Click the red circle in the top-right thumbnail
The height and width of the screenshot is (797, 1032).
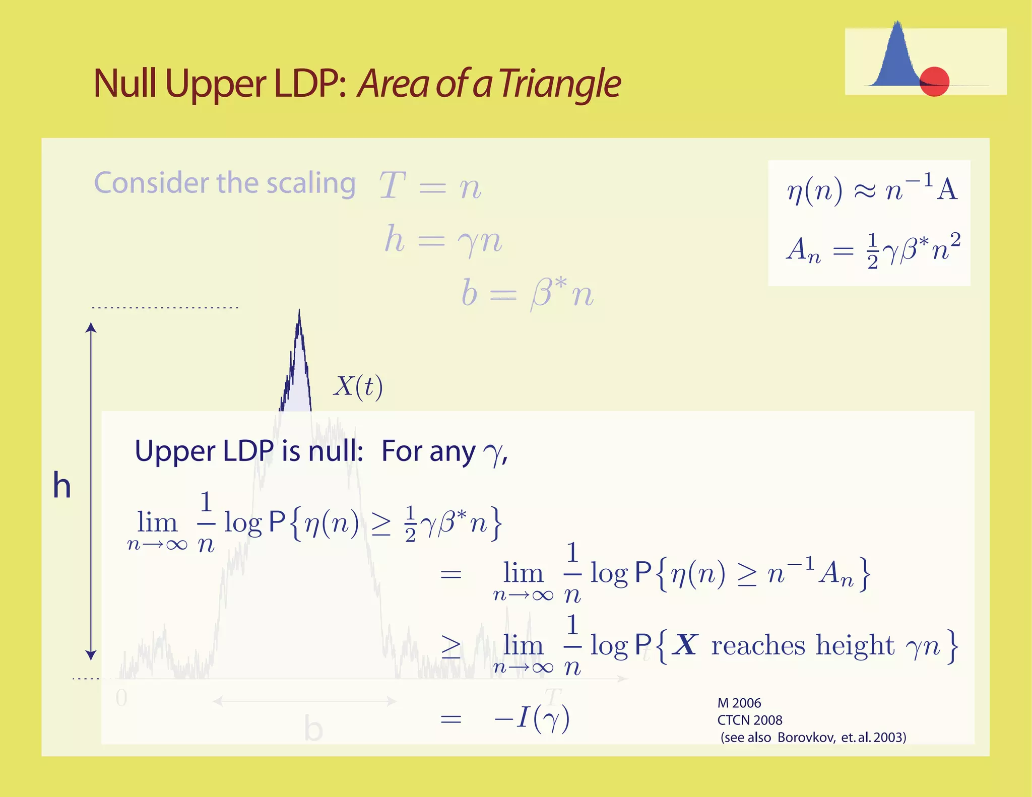(x=934, y=81)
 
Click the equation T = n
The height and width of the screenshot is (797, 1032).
(x=430, y=186)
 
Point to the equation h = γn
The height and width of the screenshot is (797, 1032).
(x=443, y=240)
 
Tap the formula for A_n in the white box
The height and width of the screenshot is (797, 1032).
(x=873, y=250)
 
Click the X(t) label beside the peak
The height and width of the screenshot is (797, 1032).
(x=358, y=387)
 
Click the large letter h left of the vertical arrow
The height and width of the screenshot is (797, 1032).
(x=62, y=486)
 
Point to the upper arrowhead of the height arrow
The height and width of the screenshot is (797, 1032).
(x=91, y=327)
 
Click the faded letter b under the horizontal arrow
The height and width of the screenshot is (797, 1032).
(x=313, y=728)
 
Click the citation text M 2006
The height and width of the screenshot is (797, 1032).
(x=739, y=703)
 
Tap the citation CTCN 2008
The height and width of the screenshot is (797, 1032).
(x=750, y=720)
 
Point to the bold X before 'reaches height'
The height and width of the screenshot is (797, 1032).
(x=686, y=645)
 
